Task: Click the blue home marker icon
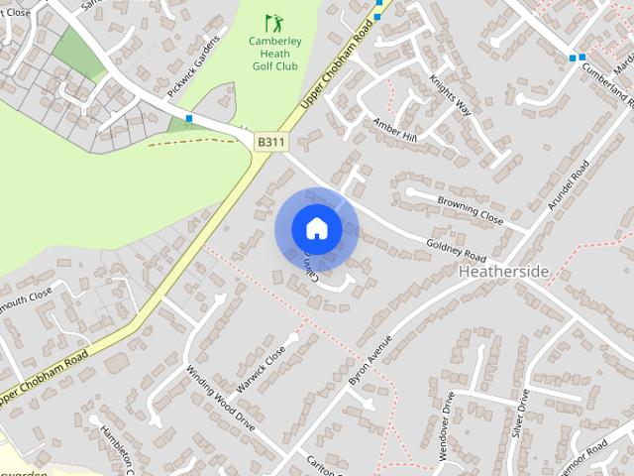(x=316, y=229)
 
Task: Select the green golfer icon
(x=272, y=22)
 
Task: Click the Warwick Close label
(x=261, y=366)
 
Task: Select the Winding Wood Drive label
(x=220, y=397)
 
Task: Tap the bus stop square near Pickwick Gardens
(x=188, y=119)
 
